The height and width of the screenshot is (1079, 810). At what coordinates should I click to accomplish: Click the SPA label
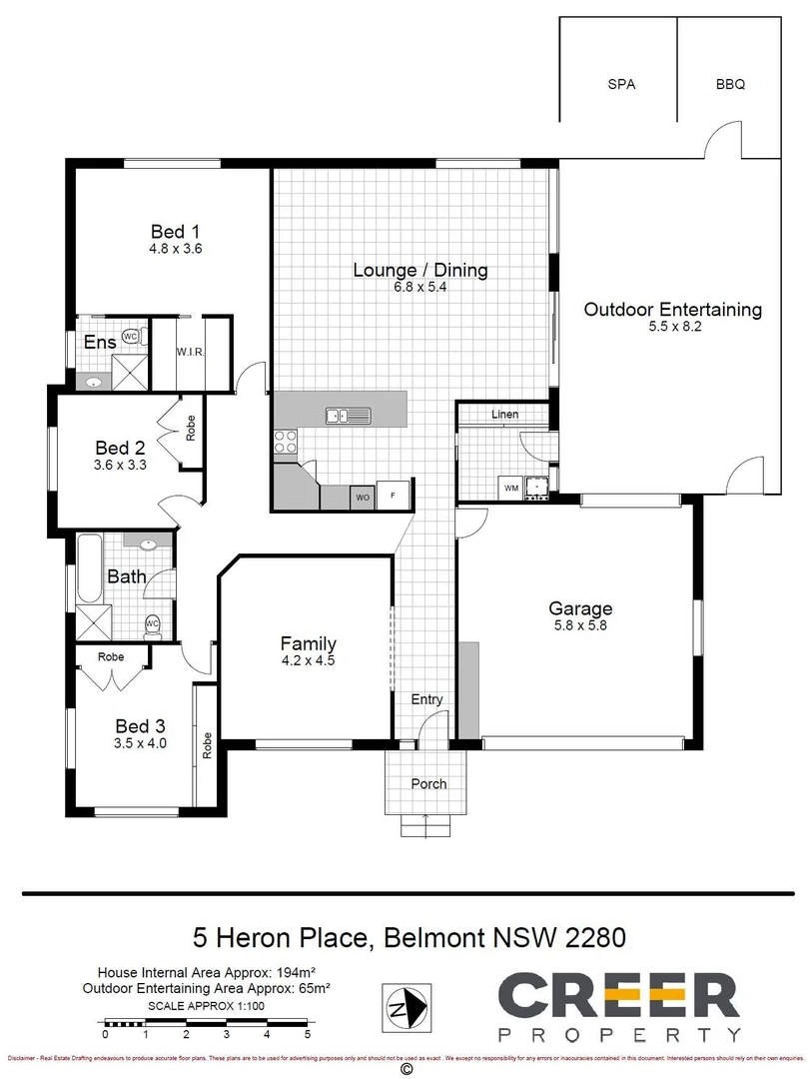[621, 85]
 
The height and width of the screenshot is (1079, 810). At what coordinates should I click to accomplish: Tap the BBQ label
[730, 85]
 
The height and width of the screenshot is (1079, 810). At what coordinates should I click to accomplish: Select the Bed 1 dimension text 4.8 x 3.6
[176, 249]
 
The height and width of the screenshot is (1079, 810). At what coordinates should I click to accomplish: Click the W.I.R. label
[190, 352]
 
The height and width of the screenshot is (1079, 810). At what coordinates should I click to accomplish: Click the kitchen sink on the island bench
[347, 415]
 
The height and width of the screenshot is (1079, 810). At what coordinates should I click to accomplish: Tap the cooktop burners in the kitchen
[285, 441]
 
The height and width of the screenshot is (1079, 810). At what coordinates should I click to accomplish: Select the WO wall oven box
[360, 496]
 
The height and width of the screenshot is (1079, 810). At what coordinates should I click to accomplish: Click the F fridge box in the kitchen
[393, 496]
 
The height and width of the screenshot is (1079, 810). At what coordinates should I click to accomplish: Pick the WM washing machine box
[510, 488]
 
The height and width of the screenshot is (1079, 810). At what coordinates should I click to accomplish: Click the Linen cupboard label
[504, 414]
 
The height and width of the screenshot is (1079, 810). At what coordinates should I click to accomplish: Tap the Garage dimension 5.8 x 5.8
[579, 625]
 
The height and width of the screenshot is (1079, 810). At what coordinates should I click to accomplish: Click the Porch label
[428, 783]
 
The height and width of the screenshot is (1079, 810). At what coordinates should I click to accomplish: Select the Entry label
[426, 699]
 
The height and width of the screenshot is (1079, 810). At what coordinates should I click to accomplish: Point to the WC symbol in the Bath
[152, 623]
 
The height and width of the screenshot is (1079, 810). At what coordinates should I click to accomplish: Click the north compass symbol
[406, 1002]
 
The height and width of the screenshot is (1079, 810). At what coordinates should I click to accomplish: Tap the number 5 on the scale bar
[308, 1034]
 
